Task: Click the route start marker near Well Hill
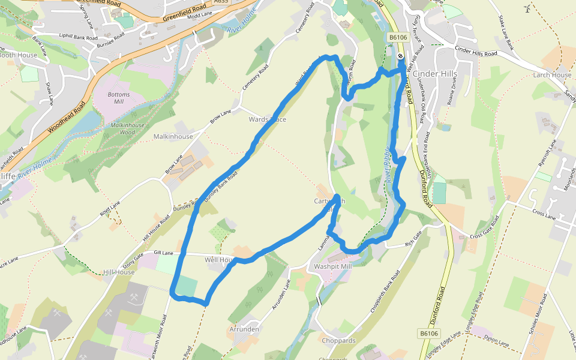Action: [x=400, y=56]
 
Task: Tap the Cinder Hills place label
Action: [x=435, y=74]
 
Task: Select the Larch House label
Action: [x=552, y=75]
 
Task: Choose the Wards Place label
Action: [x=268, y=119]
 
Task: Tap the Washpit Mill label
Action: [x=332, y=266]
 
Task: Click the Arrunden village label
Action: [x=244, y=329]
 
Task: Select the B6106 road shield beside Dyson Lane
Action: [x=429, y=334]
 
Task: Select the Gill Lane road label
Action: [x=163, y=253]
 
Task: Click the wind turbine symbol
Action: [x=527, y=8]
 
